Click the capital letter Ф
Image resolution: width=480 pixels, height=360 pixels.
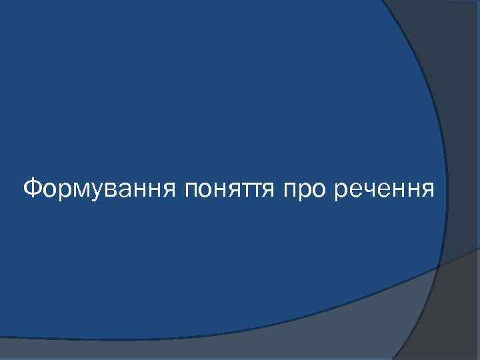pyautogui.click(x=32, y=189)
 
